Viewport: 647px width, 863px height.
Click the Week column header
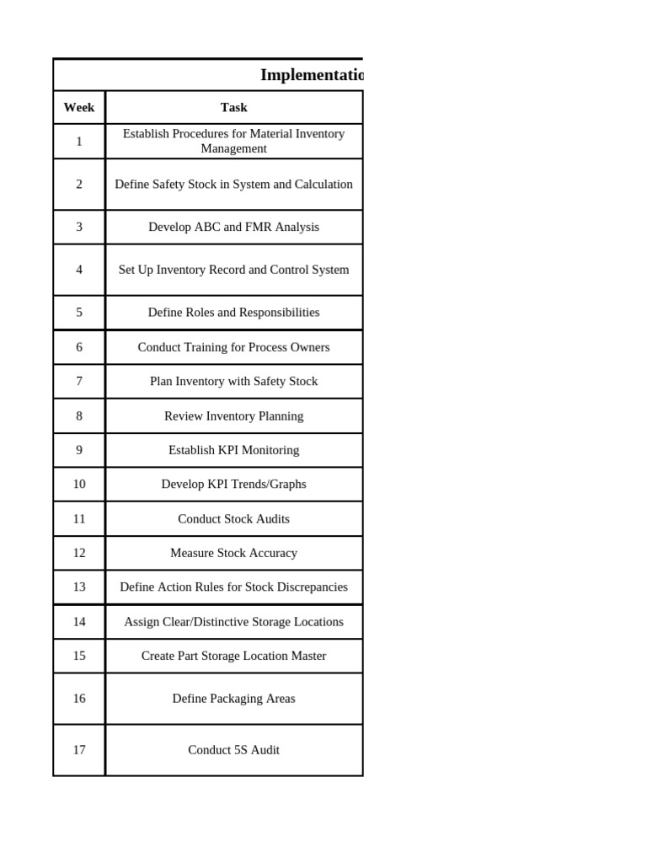(x=79, y=107)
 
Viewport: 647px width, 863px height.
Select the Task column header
(x=233, y=107)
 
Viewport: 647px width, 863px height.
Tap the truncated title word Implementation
(x=311, y=75)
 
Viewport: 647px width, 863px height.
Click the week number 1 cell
(x=79, y=142)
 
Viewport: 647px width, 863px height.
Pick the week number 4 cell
(x=79, y=270)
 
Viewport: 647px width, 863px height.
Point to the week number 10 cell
(x=79, y=484)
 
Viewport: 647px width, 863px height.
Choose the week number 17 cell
(x=79, y=749)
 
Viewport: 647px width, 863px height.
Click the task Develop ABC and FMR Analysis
(x=233, y=227)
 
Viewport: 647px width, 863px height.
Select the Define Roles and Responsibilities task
(x=233, y=312)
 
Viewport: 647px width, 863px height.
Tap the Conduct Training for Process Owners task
(x=233, y=347)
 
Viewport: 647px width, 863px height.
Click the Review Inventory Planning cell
(x=233, y=415)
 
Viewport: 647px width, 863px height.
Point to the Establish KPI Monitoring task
(x=233, y=450)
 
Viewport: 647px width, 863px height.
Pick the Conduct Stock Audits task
(x=233, y=519)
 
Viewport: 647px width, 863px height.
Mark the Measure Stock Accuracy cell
(x=233, y=553)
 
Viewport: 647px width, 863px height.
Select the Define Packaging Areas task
(x=233, y=698)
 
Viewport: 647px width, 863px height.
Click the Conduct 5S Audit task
(x=233, y=749)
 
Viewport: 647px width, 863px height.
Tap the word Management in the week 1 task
(x=233, y=149)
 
